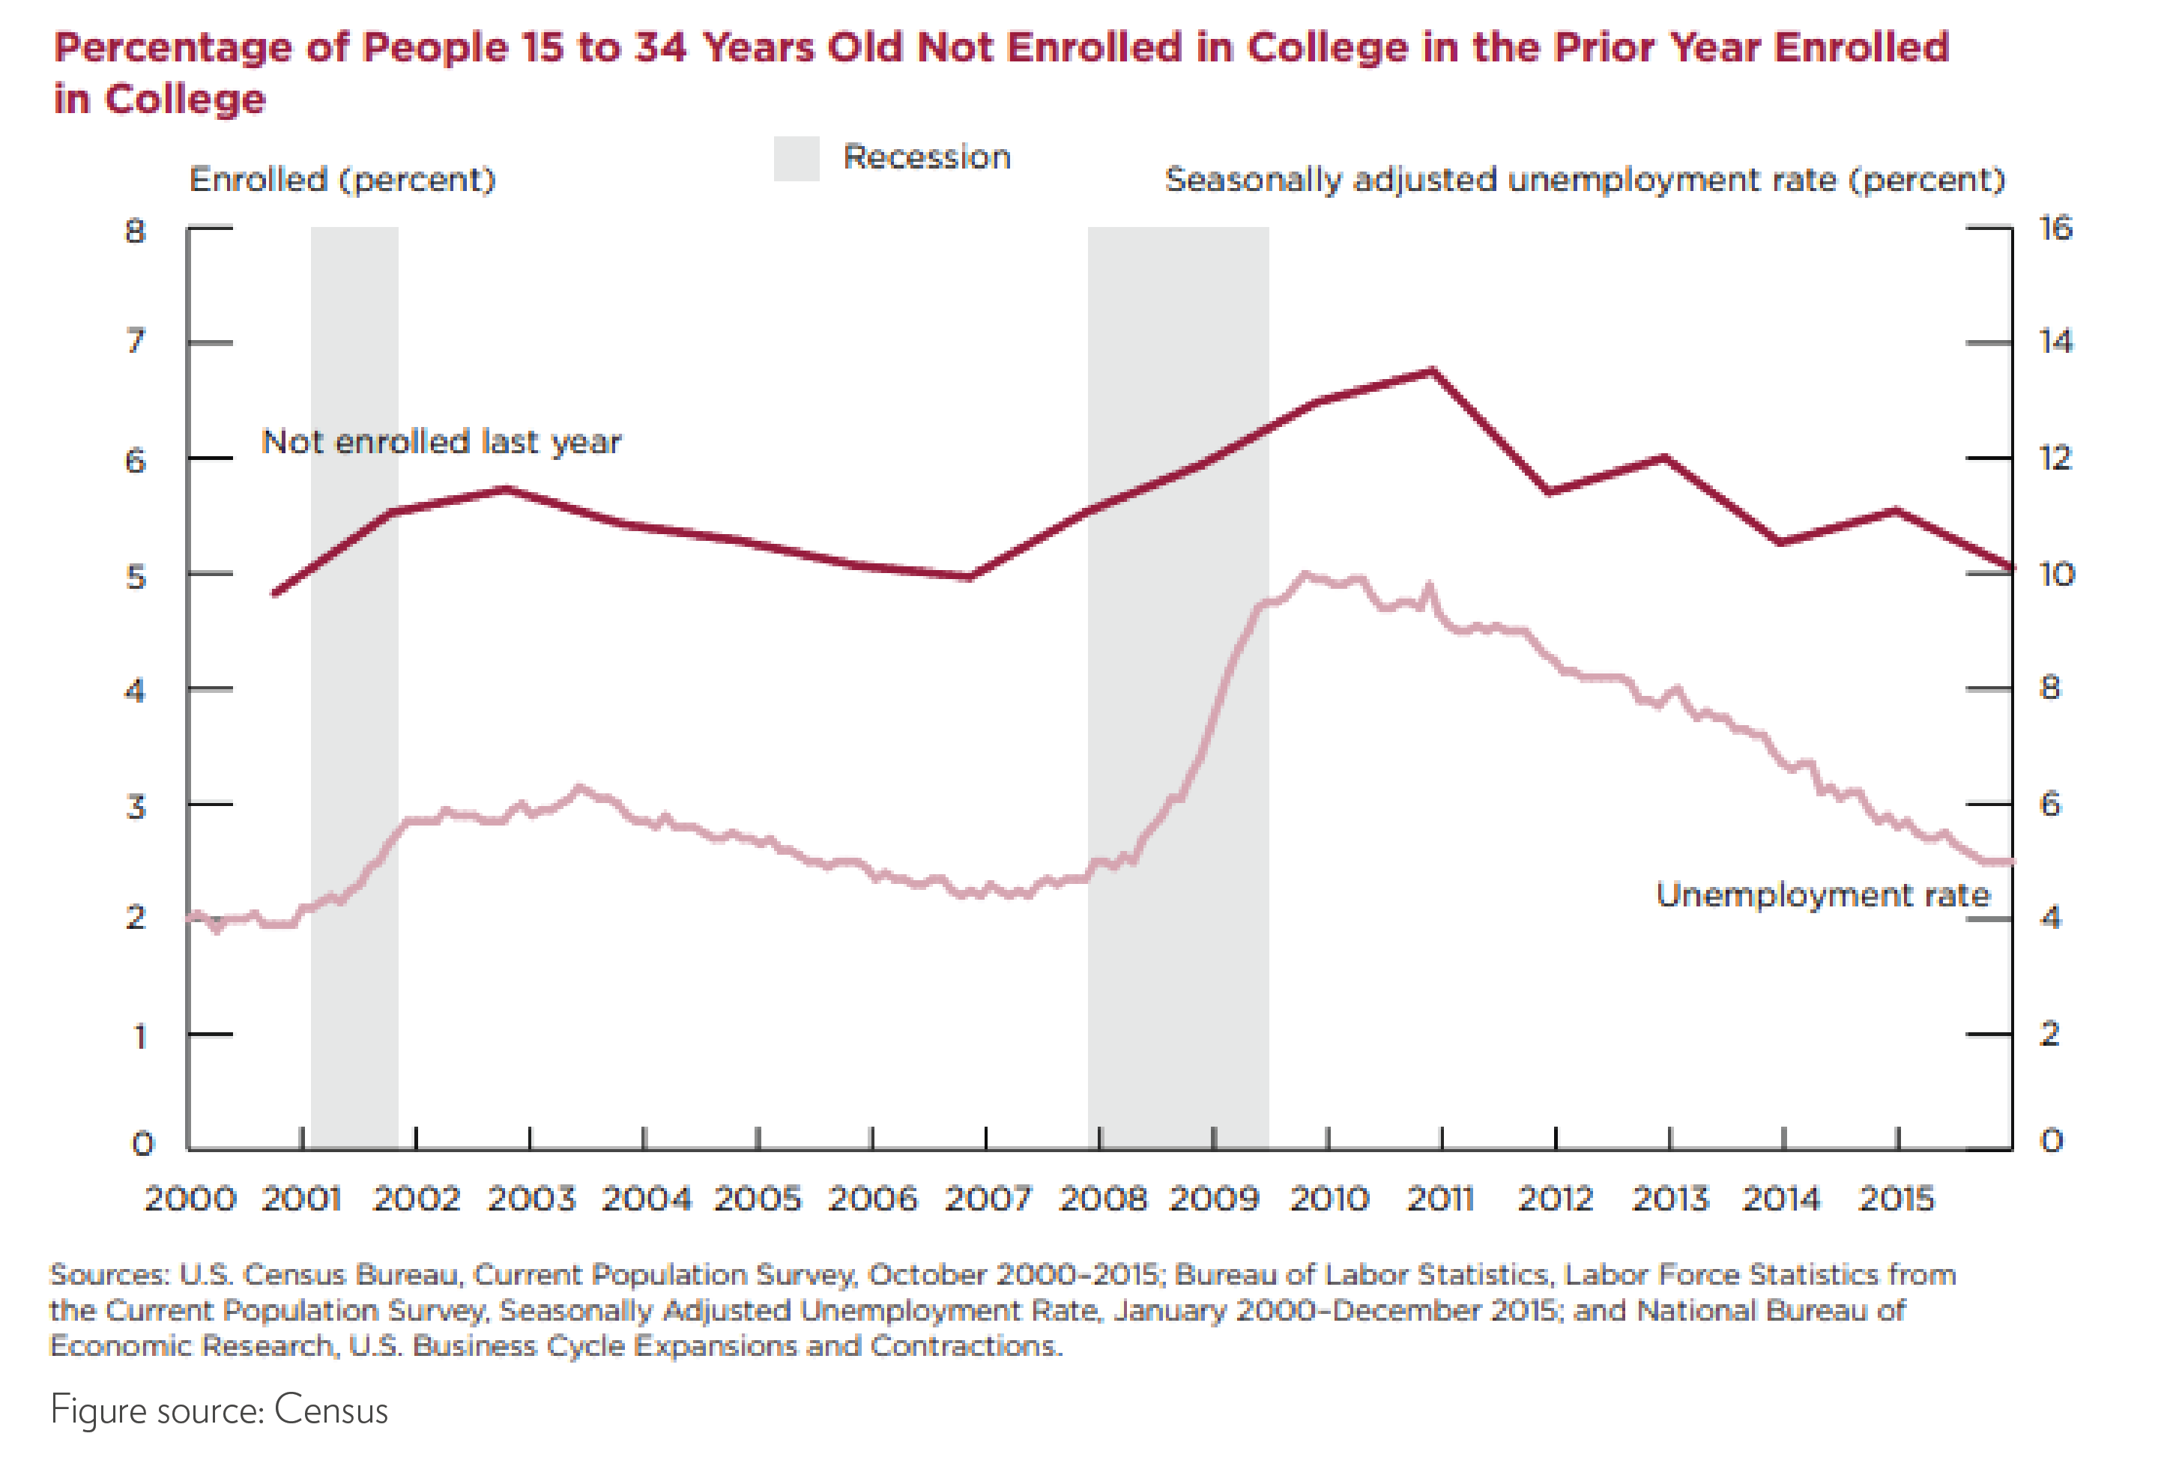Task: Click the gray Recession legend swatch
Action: pyautogui.click(x=796, y=158)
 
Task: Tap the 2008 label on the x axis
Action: pyautogui.click(x=1101, y=1198)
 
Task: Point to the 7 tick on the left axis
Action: pyautogui.click(x=136, y=341)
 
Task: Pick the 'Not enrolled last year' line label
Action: pyautogui.click(x=441, y=441)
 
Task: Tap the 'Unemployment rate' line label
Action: pyautogui.click(x=1822, y=894)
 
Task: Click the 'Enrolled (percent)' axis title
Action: pyautogui.click(x=342, y=179)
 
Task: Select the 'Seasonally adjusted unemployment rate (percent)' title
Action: pyautogui.click(x=1585, y=179)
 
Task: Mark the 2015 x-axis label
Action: pyautogui.click(x=1897, y=1198)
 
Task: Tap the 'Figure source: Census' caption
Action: pyautogui.click(x=219, y=1410)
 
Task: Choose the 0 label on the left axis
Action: pyautogui.click(x=142, y=1142)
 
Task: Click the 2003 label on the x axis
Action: pyautogui.click(x=531, y=1198)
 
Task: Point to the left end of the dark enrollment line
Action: pyautogui.click(x=273, y=593)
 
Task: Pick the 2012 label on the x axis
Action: pyautogui.click(x=1555, y=1198)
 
